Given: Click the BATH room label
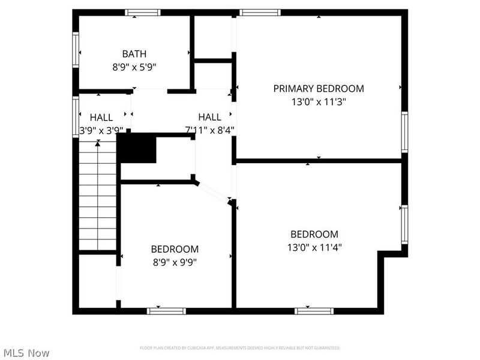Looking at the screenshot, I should pos(134,54).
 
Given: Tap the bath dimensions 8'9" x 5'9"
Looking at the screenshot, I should pos(134,67).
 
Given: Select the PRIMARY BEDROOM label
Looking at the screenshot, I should pos(319,89).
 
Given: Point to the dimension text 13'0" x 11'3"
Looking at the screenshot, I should pos(319,102).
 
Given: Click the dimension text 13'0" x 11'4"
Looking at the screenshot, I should pos(314,247).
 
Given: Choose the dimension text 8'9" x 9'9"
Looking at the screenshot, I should pos(174,262).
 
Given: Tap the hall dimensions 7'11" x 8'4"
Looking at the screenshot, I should pos(209,129).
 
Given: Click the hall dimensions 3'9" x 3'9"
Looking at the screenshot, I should pos(101,129).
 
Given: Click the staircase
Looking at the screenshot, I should pos(97,195).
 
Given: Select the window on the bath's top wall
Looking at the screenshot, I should pos(143,12).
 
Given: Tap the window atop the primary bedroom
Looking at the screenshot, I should pos(259,12).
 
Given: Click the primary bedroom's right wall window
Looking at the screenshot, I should pos(404,132).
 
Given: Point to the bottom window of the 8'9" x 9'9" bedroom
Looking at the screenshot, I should pos(166,311).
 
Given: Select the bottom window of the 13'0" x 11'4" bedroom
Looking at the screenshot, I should pos(313,311).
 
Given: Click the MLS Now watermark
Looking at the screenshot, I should pos(26,353).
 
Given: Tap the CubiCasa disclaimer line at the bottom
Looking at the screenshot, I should pos(240,348).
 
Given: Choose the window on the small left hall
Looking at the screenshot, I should pos(76,118).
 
